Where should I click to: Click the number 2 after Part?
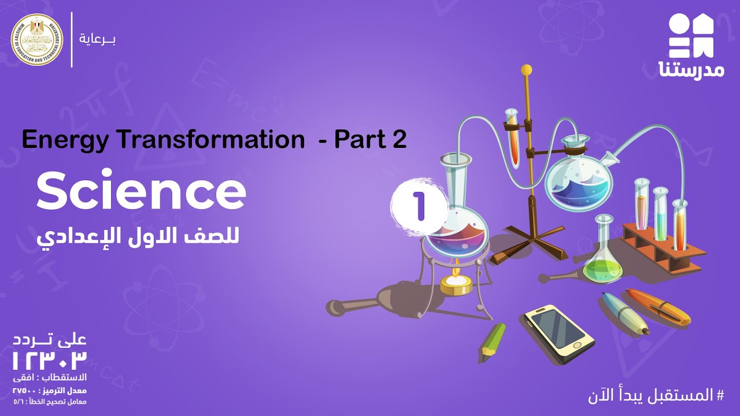[x=399, y=140]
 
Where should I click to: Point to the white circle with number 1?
[x=419, y=206]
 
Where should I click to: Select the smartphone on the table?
[x=558, y=333]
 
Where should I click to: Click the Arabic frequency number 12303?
[x=50, y=361]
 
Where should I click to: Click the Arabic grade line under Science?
[x=139, y=236]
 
